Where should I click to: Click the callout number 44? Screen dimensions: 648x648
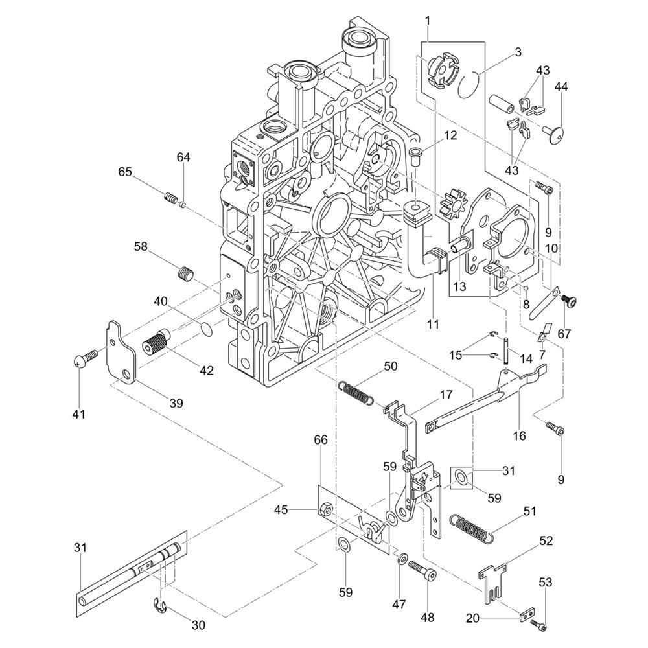point(560,87)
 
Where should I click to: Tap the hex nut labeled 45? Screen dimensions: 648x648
point(327,511)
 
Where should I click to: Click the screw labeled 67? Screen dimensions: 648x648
point(569,300)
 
